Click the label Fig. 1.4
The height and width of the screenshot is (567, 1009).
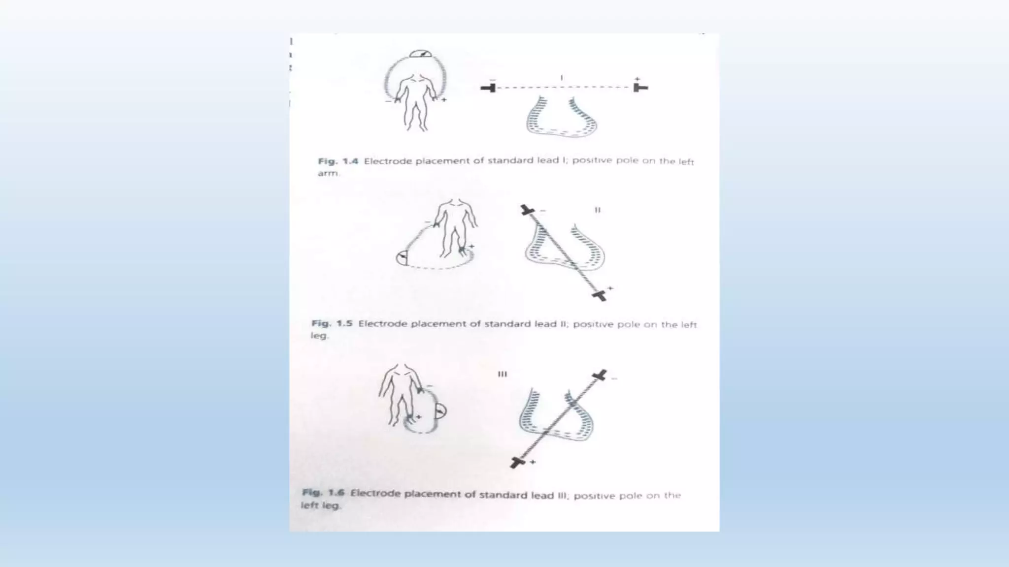(x=338, y=161)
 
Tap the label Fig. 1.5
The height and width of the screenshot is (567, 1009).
(x=332, y=323)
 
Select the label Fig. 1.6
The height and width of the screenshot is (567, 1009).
(x=323, y=492)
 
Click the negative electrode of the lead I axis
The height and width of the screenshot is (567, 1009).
(x=489, y=88)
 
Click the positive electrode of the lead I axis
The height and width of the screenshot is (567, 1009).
(x=639, y=88)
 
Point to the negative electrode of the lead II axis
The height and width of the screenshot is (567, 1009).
(x=527, y=211)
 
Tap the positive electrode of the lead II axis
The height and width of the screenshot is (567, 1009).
(x=599, y=295)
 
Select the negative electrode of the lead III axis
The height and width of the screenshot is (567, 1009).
(x=600, y=376)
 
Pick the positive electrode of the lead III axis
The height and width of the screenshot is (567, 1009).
(x=517, y=462)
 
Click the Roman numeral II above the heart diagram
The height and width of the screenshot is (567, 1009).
(x=598, y=210)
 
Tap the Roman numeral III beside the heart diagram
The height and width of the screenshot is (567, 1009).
(x=502, y=374)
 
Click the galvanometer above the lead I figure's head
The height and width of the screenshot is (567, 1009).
(x=420, y=54)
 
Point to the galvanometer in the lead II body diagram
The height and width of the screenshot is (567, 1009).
(x=402, y=258)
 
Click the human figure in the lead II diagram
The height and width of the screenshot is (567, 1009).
(x=455, y=226)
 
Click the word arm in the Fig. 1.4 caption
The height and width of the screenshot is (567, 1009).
(x=328, y=173)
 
